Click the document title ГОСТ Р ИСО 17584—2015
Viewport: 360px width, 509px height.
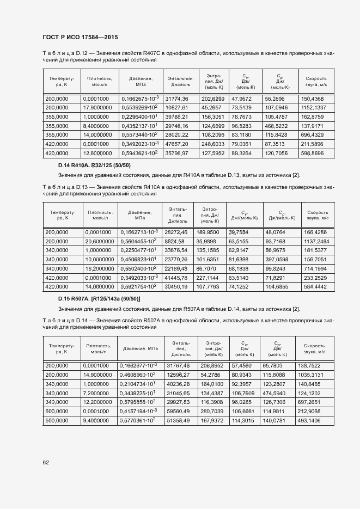coord(80,37)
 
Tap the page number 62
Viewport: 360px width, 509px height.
coord(45,463)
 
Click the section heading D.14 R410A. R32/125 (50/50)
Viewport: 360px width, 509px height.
coord(94,165)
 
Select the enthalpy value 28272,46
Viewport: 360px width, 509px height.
coord(176,232)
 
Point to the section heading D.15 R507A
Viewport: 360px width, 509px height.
coord(99,298)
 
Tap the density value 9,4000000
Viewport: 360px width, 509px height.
coord(98,421)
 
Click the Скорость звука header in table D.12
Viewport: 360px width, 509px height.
coord(316,82)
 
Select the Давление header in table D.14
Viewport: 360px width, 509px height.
coord(141,348)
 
